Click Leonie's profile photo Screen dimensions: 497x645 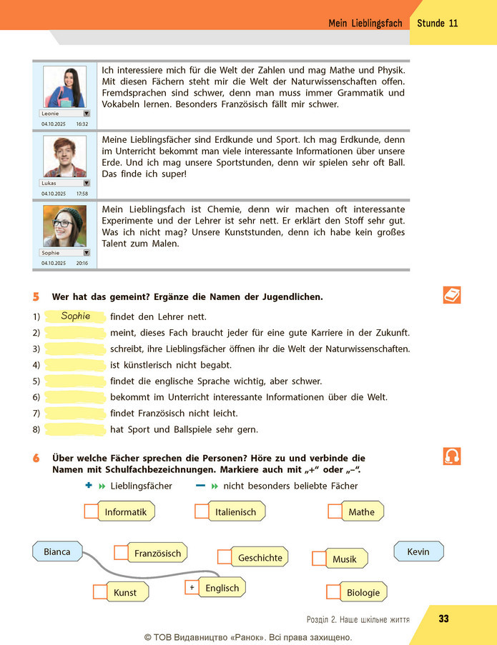coord(64,87)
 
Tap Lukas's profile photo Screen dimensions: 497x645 coord(64,156)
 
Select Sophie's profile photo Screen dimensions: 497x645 coord(64,226)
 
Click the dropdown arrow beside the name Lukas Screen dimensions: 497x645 coord(87,183)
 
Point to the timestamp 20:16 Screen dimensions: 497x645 coord(82,263)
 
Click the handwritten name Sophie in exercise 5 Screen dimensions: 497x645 coord(75,316)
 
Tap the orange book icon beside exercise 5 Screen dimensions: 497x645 coord(452,295)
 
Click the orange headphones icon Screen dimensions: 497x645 coord(452,456)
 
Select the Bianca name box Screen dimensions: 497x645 coord(57,551)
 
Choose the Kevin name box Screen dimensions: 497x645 coord(419,551)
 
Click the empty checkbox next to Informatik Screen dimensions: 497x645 coord(92,511)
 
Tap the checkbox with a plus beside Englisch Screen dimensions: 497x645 coord(192,587)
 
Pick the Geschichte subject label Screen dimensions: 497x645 coord(260,557)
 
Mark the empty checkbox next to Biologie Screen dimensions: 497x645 coord(333,592)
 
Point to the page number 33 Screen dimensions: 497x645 coord(443,619)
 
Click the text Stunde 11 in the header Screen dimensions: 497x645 coord(438,23)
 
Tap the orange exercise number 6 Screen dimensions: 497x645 coord(36,458)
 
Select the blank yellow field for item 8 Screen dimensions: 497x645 coord(75,429)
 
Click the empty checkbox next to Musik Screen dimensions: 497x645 coord(319,558)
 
